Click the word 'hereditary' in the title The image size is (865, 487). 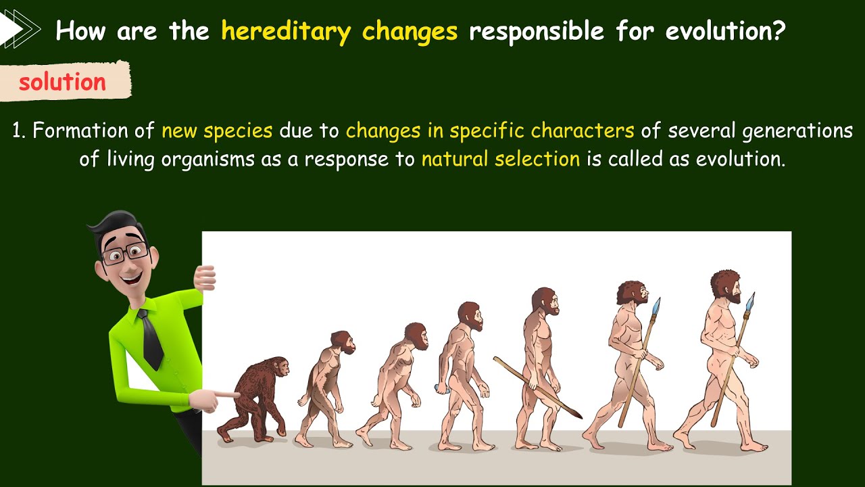[287, 32]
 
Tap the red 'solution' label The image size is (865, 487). [62, 83]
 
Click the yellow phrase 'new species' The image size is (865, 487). [217, 131]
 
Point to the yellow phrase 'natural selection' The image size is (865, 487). [500, 160]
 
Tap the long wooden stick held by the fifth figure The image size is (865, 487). [537, 387]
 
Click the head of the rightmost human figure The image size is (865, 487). [725, 286]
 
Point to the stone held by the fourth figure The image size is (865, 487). [439, 388]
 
